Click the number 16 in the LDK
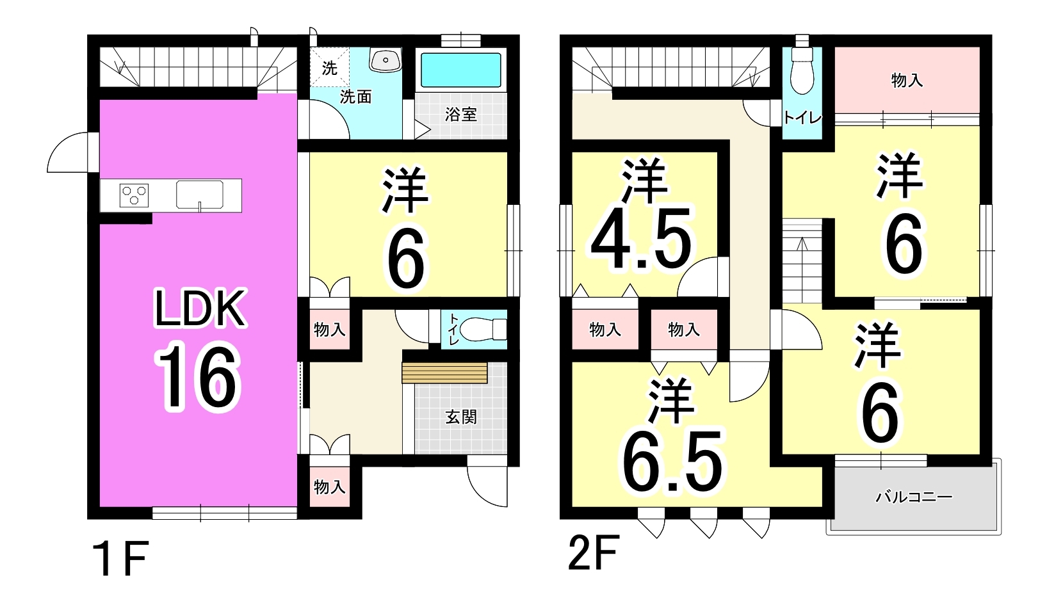pos(198,376)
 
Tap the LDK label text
pos(200,309)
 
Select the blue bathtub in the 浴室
pos(461,70)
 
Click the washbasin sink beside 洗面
pos(386,60)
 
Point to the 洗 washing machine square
pos(330,67)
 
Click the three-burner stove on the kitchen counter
pos(134,195)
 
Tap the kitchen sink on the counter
pos(200,195)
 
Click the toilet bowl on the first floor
pos(483,329)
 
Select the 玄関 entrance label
pos(461,417)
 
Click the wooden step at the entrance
pos(444,373)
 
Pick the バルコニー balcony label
pos(914,497)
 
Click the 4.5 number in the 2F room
pos(641,238)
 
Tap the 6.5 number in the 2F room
pos(672,462)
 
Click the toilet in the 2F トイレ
pos(802,70)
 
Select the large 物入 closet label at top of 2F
pos(907,81)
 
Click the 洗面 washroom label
pos(355,97)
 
